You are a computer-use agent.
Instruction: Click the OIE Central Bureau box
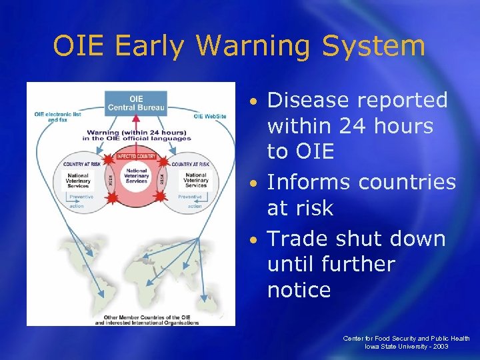(x=135, y=103)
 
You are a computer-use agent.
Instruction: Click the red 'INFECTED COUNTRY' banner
(x=136, y=157)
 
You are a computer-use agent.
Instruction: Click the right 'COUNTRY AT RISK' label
(x=191, y=163)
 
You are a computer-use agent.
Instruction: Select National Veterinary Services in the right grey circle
(x=195, y=181)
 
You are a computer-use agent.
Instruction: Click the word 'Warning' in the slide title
(x=257, y=47)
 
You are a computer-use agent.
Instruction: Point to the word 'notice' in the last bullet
(x=299, y=290)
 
